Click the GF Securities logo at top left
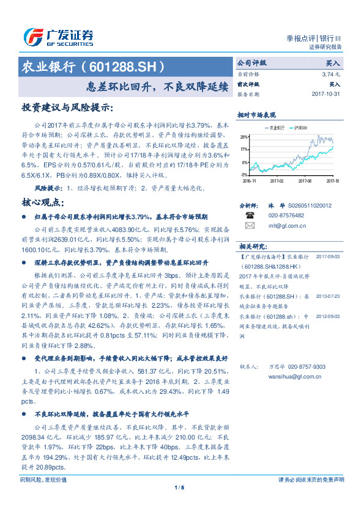pos(58,37)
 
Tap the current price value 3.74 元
pos(331,74)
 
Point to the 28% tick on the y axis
pos(243,137)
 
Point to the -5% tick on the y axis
pos(243,175)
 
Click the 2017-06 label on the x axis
pos(305,181)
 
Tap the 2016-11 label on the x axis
pos(250,181)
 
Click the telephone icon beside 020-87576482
pos(250,215)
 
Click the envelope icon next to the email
pos(250,225)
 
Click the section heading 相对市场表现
pos(258,115)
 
